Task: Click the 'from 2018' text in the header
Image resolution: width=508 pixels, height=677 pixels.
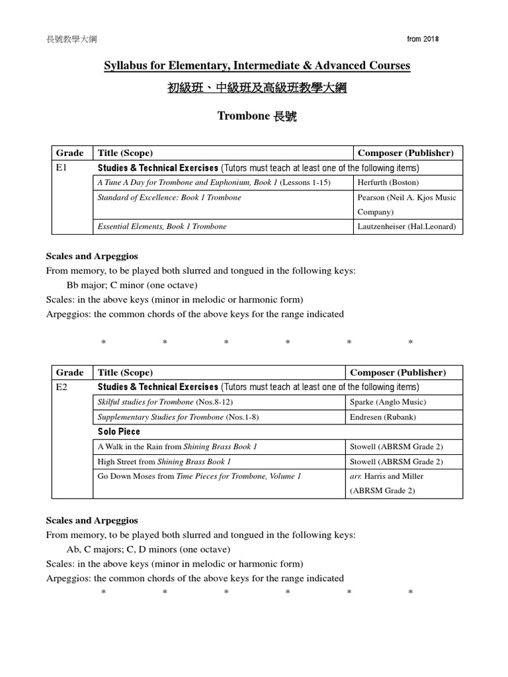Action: click(423, 39)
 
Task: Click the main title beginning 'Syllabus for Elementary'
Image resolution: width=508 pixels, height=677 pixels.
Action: click(257, 65)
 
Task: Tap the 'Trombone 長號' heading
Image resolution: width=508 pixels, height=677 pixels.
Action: click(257, 116)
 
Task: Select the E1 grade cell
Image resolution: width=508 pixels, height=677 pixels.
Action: click(62, 168)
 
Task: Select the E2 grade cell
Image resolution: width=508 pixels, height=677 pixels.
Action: click(62, 387)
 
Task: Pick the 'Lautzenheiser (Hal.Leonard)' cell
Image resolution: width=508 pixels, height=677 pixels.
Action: click(407, 226)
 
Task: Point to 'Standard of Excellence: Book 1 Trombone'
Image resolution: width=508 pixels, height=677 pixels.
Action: click(169, 197)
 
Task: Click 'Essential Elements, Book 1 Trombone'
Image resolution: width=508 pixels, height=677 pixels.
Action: click(162, 226)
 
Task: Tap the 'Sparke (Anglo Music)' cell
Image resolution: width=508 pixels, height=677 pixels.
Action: click(388, 402)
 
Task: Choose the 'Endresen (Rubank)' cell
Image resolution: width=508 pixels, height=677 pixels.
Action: click(383, 417)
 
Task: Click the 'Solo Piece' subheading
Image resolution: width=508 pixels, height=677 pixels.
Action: click(119, 432)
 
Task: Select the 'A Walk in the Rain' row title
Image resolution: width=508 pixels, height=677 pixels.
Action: click(177, 446)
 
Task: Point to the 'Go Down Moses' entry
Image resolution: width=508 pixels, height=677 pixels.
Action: click(198, 476)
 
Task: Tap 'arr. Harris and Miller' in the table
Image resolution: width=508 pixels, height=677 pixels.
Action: click(387, 476)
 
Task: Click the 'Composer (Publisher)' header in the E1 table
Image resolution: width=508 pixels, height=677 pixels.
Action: click(405, 153)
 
